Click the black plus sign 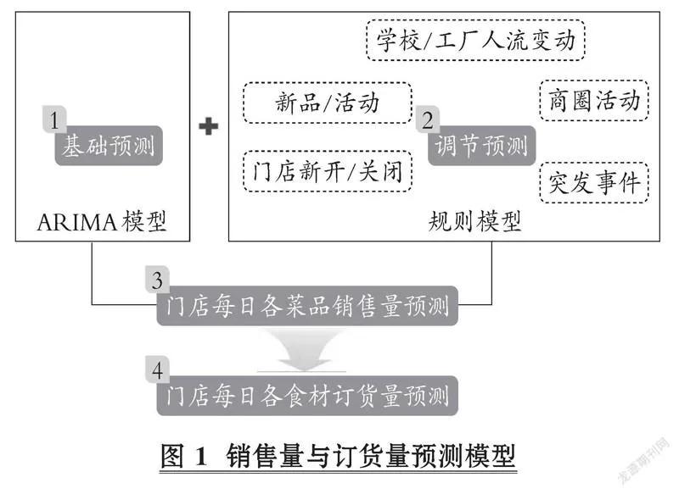[x=208, y=126]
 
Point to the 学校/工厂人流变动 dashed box [x=476, y=41]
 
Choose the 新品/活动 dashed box [x=328, y=103]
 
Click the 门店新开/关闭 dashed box [x=328, y=172]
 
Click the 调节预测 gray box [x=481, y=147]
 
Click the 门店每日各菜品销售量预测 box [x=307, y=307]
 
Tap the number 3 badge [x=156, y=279]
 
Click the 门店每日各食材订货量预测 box [x=307, y=396]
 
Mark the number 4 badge [x=156, y=370]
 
